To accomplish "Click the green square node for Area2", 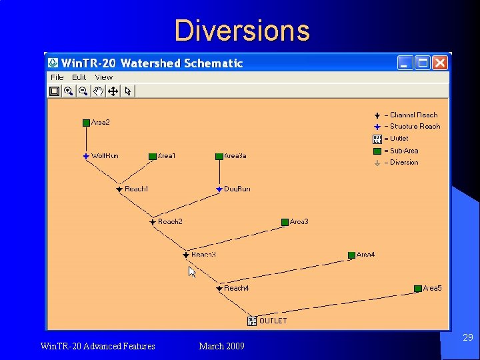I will (86, 123).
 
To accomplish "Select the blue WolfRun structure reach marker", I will (86, 156).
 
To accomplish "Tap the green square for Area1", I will (153, 156).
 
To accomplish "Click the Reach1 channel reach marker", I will (119, 189).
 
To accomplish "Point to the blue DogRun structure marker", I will (219, 189).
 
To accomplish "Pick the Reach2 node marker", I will (153, 222).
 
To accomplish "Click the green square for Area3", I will (285, 222).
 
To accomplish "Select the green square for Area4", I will (351, 255).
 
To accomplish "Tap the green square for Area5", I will (418, 289).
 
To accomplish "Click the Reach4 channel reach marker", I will (219, 289).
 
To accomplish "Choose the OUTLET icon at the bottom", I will (252, 321).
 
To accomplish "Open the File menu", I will (57, 77).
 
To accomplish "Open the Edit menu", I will (79, 77).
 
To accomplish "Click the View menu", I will (104, 77).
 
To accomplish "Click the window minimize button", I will (405, 63).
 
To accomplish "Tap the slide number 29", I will (468, 338).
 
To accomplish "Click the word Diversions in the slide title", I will (242, 31).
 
